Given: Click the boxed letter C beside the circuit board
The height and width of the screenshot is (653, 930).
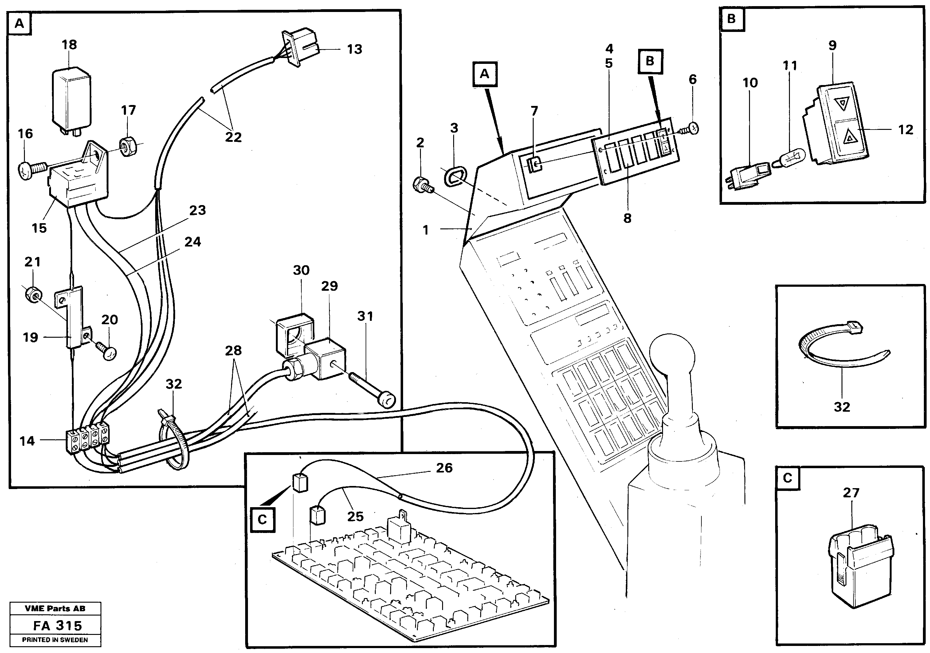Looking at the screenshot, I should pos(262,519).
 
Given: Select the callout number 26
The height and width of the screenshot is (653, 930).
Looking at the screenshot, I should pos(444,468).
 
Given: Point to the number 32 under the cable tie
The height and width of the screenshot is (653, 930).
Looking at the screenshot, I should pos(842,407).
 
